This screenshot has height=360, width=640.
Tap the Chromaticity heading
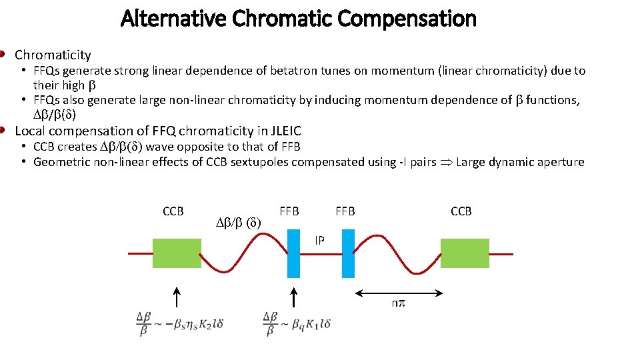point(53,55)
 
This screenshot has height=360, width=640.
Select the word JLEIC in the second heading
point(283,131)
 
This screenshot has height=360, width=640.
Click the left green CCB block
point(177,254)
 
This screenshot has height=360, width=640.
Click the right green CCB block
point(465,254)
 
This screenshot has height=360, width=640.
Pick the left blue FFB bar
point(294,253)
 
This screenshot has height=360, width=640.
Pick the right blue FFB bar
point(347,253)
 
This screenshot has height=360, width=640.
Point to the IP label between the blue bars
point(320,240)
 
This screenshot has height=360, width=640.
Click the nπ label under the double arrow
point(398,304)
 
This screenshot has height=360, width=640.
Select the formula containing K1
point(297,324)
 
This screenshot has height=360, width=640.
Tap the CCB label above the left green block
point(173,211)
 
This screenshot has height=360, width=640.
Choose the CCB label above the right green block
point(461,211)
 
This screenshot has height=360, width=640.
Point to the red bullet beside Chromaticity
point(3,53)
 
